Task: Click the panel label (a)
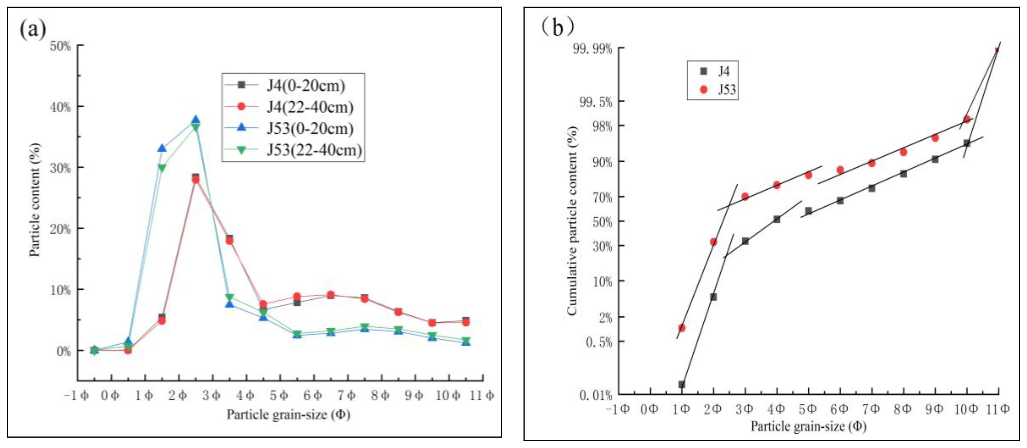(x=33, y=29)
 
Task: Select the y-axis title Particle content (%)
(x=35, y=200)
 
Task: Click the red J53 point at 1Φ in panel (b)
(x=682, y=328)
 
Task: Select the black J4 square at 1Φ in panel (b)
(x=682, y=385)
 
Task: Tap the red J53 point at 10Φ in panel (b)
(x=967, y=119)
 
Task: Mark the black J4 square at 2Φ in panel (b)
(x=714, y=297)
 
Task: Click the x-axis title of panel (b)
(x=809, y=426)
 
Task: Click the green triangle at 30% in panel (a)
(x=162, y=168)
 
